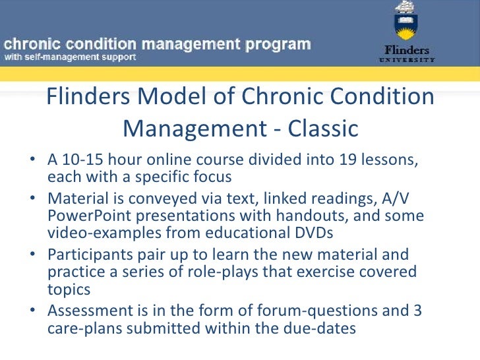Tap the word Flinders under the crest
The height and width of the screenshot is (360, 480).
[406, 50]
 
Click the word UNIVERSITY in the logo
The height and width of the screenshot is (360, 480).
[406, 60]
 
